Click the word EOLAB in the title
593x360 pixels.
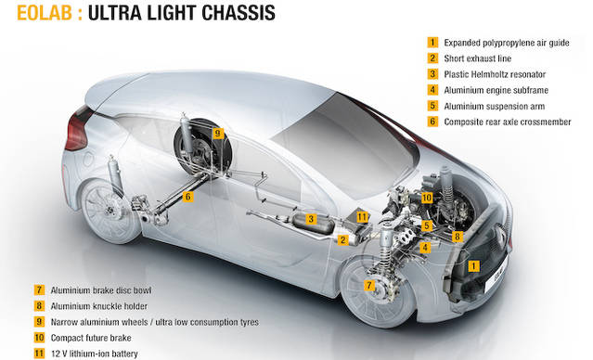[45, 13]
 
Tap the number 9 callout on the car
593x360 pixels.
[217, 133]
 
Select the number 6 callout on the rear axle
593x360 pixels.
[188, 197]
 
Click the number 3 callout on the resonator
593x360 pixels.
[311, 219]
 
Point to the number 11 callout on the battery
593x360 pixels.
[362, 217]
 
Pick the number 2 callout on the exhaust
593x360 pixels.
[343, 239]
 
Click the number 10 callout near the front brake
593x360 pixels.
[427, 198]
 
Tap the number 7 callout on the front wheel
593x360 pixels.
[369, 285]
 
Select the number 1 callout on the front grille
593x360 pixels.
[473, 266]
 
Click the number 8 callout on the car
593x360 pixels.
[458, 237]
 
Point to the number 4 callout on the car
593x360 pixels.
[425, 248]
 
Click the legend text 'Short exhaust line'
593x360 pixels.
[477, 58]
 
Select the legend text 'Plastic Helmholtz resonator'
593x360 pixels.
[495, 74]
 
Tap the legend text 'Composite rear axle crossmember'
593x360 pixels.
[508, 122]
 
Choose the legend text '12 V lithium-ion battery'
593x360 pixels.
[94, 354]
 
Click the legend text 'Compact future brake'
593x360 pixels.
[91, 338]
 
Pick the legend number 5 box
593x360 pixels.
[432, 106]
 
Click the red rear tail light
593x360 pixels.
[78, 129]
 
